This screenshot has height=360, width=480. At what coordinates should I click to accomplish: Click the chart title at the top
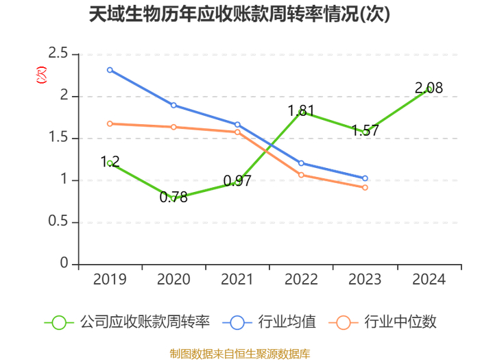pyautogui.click(x=240, y=14)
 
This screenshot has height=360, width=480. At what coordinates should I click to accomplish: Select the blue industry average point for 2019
pyautogui.click(x=110, y=70)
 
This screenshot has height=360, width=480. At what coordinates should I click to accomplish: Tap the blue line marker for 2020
pyautogui.click(x=173, y=106)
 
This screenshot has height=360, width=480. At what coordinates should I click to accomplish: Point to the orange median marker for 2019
pyautogui.click(x=110, y=123)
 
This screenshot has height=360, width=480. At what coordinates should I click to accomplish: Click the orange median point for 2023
pyautogui.click(x=365, y=188)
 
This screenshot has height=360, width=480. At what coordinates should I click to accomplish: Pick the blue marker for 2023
pyautogui.click(x=365, y=178)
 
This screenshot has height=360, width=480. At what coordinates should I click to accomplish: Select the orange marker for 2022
pyautogui.click(x=301, y=175)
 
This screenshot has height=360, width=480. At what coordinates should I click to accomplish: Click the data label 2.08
pyautogui.click(x=429, y=88)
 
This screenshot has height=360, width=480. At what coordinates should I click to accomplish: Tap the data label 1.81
pyautogui.click(x=301, y=110)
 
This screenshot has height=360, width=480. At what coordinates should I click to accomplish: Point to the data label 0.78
pyautogui.click(x=173, y=197)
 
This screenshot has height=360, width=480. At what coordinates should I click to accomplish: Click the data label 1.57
pyautogui.click(x=365, y=130)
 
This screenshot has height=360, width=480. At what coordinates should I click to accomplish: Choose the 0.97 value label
pyautogui.click(x=237, y=181)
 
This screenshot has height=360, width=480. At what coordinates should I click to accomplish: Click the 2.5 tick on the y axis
pyautogui.click(x=58, y=53)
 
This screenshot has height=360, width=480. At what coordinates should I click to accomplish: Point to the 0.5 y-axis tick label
pyautogui.click(x=58, y=221)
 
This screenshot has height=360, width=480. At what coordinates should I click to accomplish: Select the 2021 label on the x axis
pyautogui.click(x=237, y=279)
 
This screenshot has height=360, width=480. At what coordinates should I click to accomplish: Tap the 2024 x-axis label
pyautogui.click(x=429, y=279)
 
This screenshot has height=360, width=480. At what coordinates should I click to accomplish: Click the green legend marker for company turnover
pyautogui.click(x=59, y=323)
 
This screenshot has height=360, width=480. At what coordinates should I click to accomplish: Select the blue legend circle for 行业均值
pyautogui.click(x=237, y=323)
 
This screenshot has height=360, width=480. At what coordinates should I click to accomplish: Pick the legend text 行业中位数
pyautogui.click(x=400, y=322)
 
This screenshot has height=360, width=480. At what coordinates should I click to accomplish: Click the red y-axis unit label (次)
pyautogui.click(x=42, y=75)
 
